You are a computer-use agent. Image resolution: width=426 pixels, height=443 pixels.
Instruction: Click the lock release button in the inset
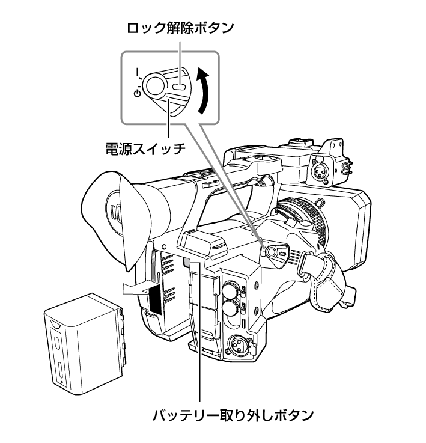(x=179, y=87)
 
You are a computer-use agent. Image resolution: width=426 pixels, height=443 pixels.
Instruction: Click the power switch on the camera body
(x=271, y=252)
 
